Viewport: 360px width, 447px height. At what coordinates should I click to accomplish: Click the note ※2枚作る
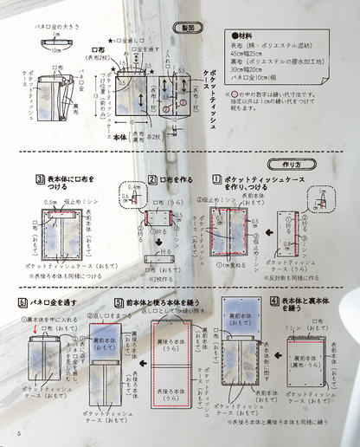tap(161, 280)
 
